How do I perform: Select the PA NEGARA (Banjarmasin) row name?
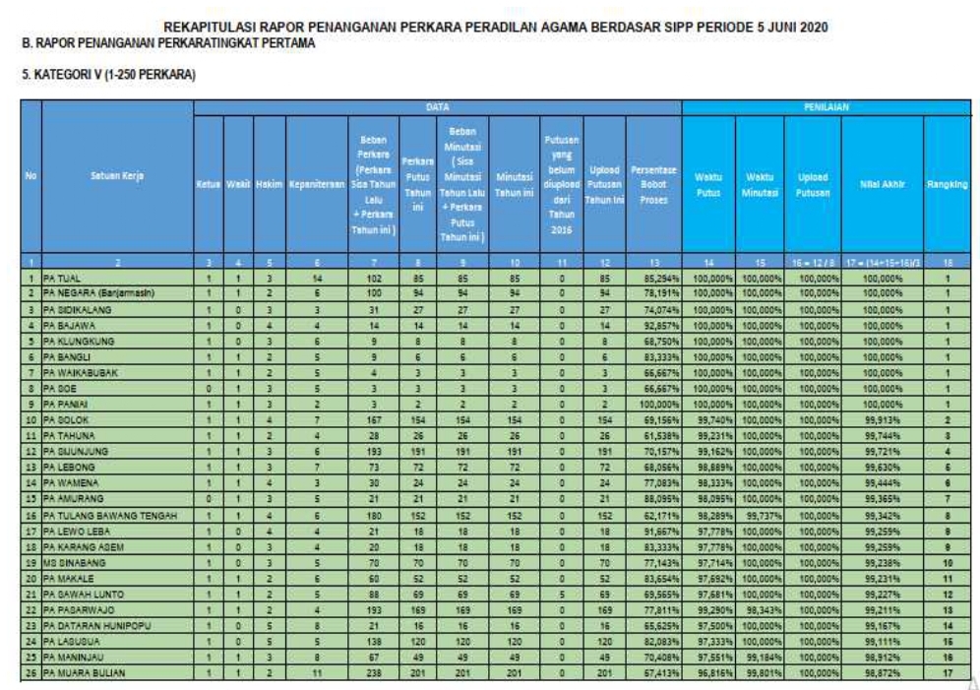(97, 292)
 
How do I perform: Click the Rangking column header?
(948, 183)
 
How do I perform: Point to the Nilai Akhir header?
(883, 183)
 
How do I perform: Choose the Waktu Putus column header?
(707, 183)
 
